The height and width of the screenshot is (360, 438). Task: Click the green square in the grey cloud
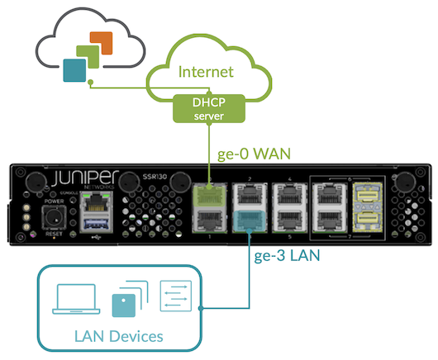pyautogui.click(x=88, y=57)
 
